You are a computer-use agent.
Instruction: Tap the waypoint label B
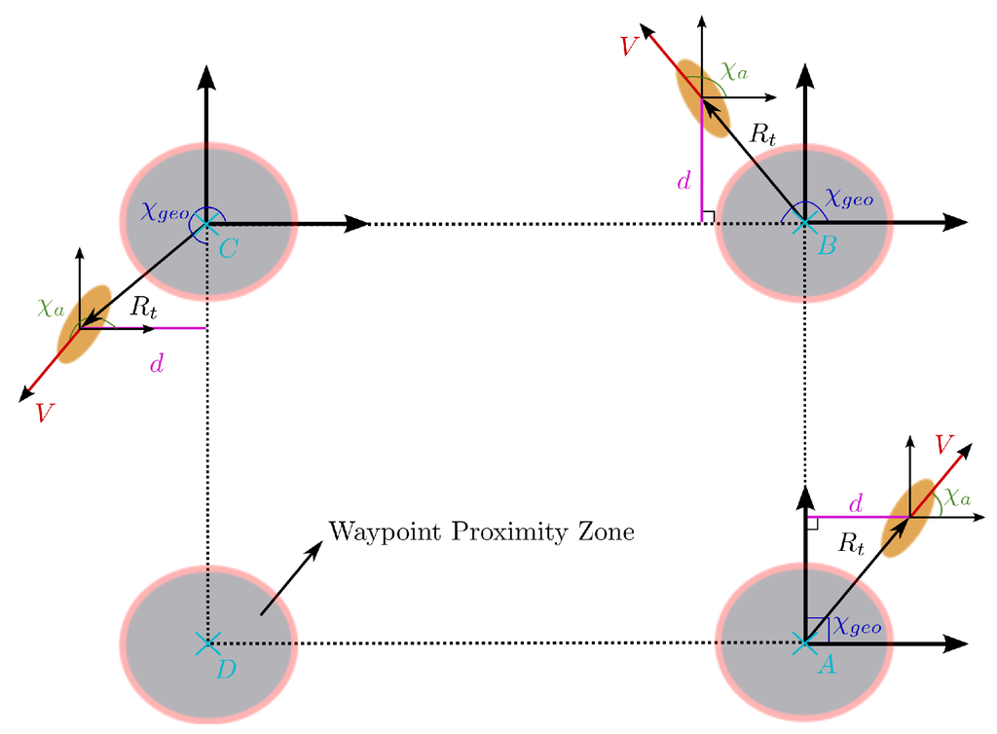[x=827, y=246]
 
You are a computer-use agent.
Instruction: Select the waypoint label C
[x=228, y=249]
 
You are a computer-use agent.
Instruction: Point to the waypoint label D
[x=226, y=669]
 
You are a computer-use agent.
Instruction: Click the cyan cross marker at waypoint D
[x=205, y=643]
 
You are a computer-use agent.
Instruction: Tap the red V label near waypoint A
[x=941, y=445]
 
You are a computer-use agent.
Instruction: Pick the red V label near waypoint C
[x=42, y=413]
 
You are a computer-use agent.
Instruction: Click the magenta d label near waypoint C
[x=155, y=365]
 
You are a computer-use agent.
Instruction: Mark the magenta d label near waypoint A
[x=856, y=504]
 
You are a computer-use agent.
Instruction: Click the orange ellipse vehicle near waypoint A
[x=907, y=517]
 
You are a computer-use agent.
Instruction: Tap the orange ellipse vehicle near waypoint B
[x=703, y=98]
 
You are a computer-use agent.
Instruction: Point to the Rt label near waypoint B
[x=761, y=135]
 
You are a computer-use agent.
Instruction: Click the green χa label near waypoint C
[x=51, y=308]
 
